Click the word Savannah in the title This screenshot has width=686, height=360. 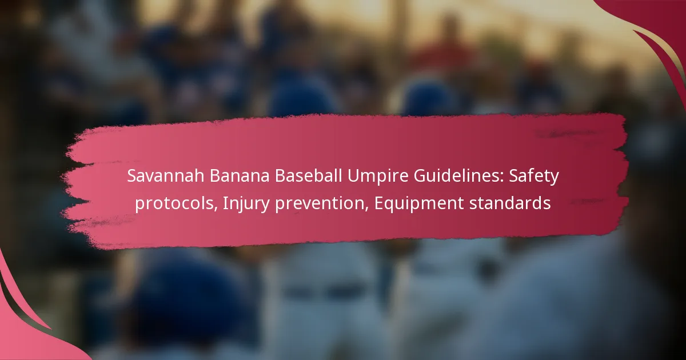point(166,176)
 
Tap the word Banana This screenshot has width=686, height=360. point(240,176)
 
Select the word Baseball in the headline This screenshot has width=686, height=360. point(308,176)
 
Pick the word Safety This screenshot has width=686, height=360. point(534,178)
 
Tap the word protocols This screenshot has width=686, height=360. point(174,203)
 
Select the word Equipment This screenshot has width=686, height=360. point(419,205)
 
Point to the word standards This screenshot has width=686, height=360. point(510,203)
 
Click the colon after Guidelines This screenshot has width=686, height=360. point(502,178)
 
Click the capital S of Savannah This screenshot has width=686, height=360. point(132,176)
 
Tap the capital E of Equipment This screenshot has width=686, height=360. point(379,203)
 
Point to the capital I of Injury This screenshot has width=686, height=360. point(225,203)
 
